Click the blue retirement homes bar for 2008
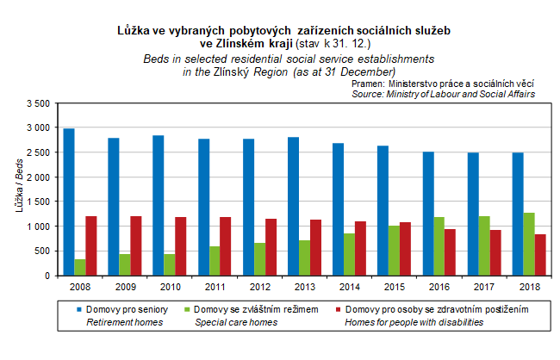tap(69, 202)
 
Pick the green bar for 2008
tap(80, 267)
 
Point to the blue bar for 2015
tap(382, 211)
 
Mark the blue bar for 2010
tap(158, 205)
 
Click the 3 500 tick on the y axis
tap(39, 103)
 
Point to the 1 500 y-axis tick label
tap(39, 202)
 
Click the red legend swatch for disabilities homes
tap(338, 309)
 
